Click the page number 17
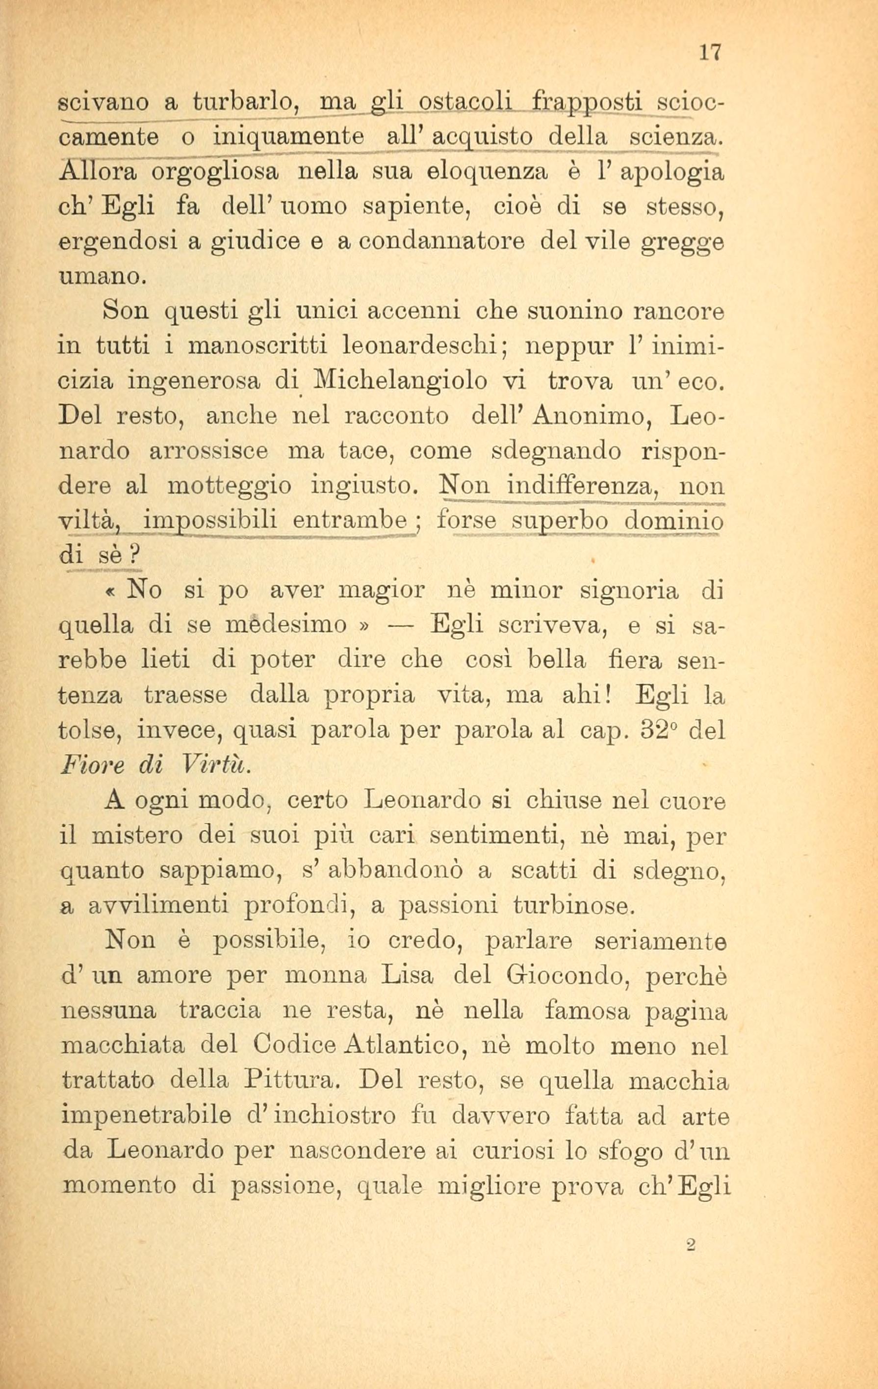710,52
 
